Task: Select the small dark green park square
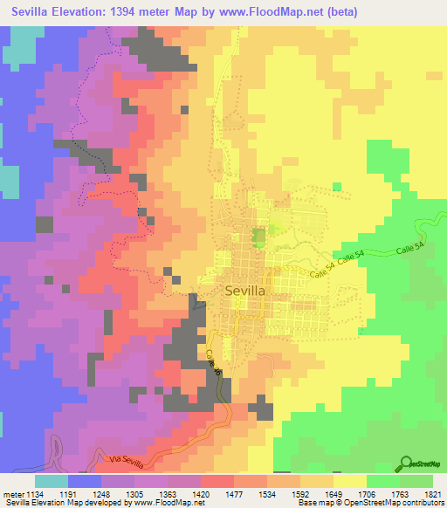click(258, 235)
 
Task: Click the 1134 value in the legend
click(36, 493)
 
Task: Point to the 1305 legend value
click(135, 493)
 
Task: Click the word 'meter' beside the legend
click(11, 493)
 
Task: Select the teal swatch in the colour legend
click(52, 481)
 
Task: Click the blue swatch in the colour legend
click(85, 481)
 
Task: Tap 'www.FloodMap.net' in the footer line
click(162, 504)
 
